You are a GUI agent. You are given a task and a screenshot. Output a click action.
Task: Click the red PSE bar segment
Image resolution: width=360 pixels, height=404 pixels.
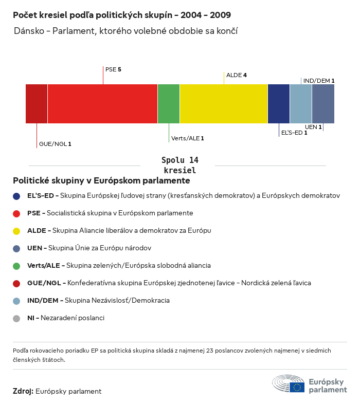(x=102, y=104)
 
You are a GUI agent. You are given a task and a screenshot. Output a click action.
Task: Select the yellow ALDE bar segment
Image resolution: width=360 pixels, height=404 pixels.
(x=224, y=104)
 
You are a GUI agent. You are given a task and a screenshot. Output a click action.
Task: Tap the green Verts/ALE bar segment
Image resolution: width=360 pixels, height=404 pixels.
(x=169, y=104)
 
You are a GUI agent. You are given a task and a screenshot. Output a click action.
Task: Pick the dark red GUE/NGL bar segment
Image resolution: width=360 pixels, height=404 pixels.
(x=37, y=104)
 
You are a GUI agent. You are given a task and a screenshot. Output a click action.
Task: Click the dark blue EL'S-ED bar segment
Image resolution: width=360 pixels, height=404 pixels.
(x=279, y=104)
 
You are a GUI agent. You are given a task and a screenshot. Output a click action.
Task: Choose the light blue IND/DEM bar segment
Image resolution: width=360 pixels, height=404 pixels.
(x=301, y=104)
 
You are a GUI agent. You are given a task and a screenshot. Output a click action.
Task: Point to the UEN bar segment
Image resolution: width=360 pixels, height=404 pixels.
(x=323, y=104)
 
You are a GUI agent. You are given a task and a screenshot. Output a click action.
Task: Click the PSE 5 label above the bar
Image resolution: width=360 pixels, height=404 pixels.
(x=113, y=69)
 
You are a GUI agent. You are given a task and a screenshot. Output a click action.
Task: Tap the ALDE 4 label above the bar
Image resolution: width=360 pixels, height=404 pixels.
(x=237, y=75)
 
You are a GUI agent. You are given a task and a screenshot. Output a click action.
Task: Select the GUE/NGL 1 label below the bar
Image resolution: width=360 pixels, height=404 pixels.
(x=55, y=144)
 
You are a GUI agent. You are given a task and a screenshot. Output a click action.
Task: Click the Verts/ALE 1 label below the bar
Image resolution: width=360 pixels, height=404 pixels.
(x=188, y=138)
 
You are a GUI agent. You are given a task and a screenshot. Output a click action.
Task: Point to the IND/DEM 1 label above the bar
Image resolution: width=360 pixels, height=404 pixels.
(x=319, y=81)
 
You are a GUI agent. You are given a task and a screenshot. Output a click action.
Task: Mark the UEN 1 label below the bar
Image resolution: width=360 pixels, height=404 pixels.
(x=313, y=127)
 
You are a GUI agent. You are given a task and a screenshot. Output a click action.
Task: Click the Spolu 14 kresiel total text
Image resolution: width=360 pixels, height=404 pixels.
(x=179, y=165)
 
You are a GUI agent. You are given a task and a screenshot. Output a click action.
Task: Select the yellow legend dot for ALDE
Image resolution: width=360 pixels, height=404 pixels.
(x=16, y=231)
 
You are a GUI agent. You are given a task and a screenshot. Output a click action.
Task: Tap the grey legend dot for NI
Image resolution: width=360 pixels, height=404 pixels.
(x=16, y=318)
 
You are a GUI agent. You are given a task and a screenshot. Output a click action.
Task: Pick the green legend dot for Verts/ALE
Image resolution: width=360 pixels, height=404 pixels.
(x=16, y=266)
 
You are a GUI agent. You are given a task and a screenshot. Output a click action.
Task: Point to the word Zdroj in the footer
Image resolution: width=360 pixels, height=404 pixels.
(x=23, y=391)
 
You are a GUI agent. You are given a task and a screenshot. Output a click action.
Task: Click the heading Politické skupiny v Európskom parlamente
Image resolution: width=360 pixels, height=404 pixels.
(x=101, y=181)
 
